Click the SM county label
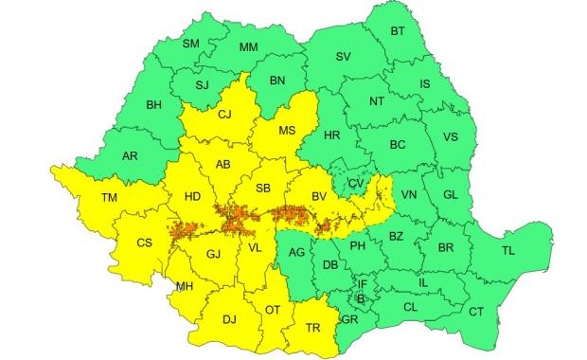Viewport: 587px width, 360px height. coord(190,44)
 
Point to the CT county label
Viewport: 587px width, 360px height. coord(476,312)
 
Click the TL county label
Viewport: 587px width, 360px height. coord(508,251)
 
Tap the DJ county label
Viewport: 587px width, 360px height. coord(229,319)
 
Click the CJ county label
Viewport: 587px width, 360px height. coord(225,115)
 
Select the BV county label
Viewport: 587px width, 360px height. coord(319,195)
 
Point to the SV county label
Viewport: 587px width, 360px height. coord(343,57)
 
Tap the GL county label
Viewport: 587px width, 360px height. coord(450,194)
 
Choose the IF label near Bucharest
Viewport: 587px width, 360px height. coord(362,283)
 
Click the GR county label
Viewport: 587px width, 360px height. coord(350,319)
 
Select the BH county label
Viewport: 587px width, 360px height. coord(154,104)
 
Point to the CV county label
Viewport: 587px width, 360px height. coord(356,183)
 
